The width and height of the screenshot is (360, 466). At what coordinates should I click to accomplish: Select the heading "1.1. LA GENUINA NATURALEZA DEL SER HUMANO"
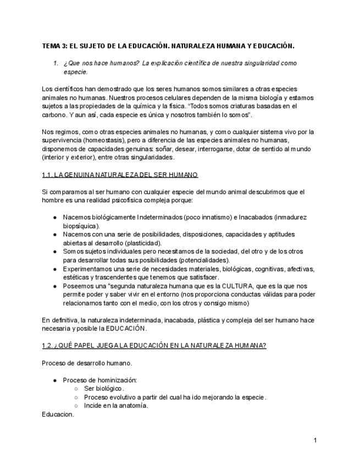pos(120,175)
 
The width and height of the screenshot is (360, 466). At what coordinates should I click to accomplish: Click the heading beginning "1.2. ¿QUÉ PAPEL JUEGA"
pos(154,345)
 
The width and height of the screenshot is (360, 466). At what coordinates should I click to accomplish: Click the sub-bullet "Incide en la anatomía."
pos(116,406)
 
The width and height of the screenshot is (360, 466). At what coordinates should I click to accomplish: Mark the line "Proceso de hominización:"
pos(100,380)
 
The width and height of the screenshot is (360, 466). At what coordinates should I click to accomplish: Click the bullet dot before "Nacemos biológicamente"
pos(55,217)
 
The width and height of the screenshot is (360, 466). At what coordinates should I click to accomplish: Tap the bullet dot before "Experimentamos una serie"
pos(55,269)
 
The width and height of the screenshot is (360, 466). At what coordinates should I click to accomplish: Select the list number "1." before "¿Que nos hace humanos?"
pos(56,63)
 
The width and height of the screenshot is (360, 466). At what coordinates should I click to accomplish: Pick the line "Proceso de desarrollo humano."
pos(87,363)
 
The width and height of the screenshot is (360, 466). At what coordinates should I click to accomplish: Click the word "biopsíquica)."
pos(81,225)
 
